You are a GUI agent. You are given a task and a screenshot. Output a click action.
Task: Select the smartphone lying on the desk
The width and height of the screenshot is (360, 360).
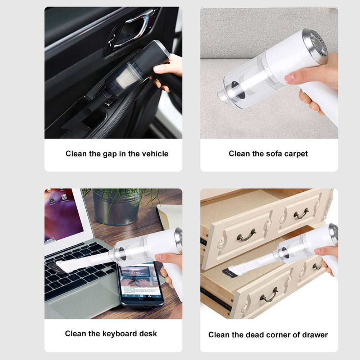(140, 284)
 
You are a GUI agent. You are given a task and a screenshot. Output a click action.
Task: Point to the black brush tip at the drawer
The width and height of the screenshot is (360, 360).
(230, 273)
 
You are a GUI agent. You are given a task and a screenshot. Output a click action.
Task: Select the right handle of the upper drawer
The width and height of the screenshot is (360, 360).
(301, 214)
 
